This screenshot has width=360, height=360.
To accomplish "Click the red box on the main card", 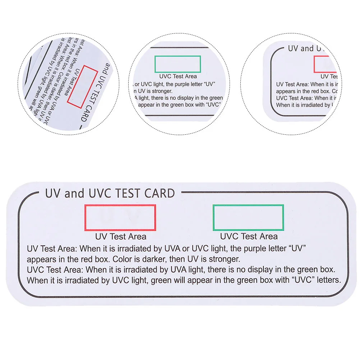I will [120, 218].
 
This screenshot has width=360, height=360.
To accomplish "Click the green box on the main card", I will [248, 217].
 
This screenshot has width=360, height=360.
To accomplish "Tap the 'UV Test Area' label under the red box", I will [121, 236].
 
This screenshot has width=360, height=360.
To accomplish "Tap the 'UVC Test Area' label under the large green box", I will [249, 236].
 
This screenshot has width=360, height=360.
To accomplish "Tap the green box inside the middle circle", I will [177, 64].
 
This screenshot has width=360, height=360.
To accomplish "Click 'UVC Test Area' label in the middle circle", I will [178, 77].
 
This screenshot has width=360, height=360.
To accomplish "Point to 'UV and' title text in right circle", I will [301, 49].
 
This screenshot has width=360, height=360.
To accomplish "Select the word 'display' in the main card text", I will [258, 269].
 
